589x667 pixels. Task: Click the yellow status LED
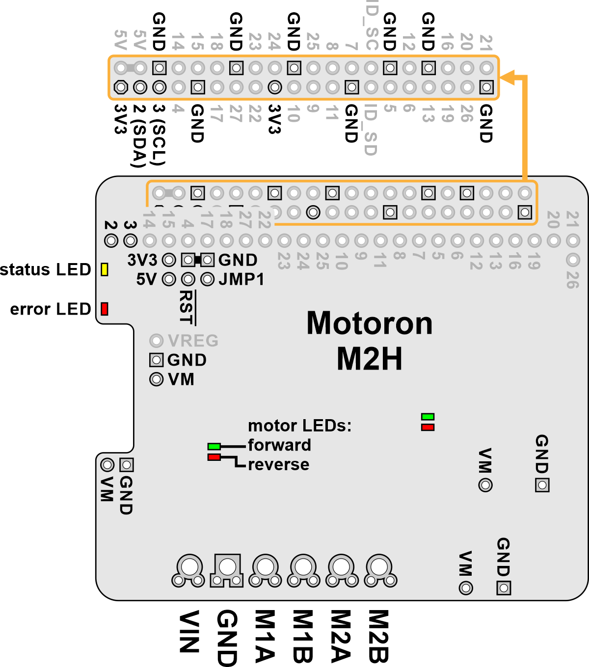coord(104,269)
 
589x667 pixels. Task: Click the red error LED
coord(104,309)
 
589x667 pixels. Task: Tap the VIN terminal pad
coord(188,567)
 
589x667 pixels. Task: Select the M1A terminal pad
coord(266,567)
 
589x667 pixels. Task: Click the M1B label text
coord(302,636)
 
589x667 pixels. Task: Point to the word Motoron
coord(370,323)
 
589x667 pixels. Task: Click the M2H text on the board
coord(370,359)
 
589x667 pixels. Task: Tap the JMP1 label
coord(241,279)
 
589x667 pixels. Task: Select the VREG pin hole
coord(156,341)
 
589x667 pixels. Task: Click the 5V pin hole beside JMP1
coord(169,279)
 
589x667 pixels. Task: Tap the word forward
coord(279,445)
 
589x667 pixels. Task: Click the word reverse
coord(278,464)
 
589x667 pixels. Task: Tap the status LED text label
coord(46,269)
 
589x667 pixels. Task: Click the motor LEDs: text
coord(300,426)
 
